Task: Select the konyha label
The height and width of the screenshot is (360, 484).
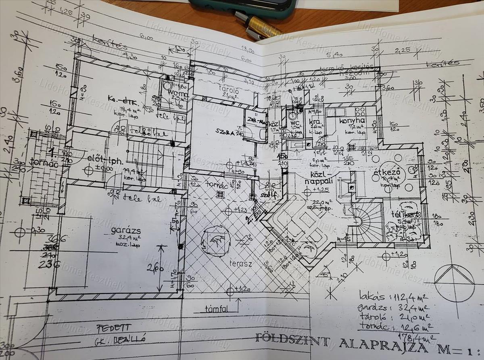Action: click(x=352, y=121)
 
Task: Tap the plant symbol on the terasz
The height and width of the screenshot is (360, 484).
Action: click(x=216, y=241)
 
